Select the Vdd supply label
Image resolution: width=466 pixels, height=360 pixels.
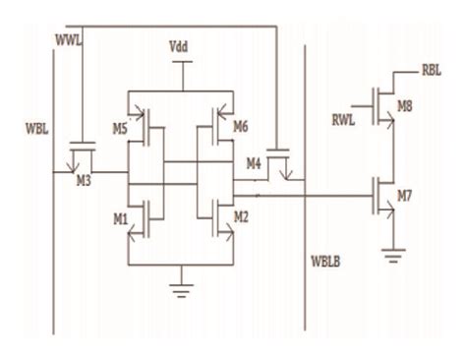(x=181, y=46)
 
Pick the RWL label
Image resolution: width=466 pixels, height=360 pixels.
(x=346, y=121)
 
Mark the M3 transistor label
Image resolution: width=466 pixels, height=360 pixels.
(x=86, y=179)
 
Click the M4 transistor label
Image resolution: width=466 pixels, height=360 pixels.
(x=254, y=161)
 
